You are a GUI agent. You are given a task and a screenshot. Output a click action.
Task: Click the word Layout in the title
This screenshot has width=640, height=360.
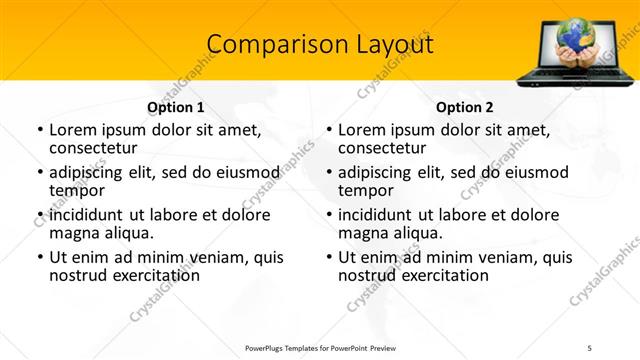386,44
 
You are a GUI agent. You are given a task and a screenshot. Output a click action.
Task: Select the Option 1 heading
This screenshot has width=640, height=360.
176,107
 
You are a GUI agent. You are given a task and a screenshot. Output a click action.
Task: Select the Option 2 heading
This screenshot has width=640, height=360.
464,107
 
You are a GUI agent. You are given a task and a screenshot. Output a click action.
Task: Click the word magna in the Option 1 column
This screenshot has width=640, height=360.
71,233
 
